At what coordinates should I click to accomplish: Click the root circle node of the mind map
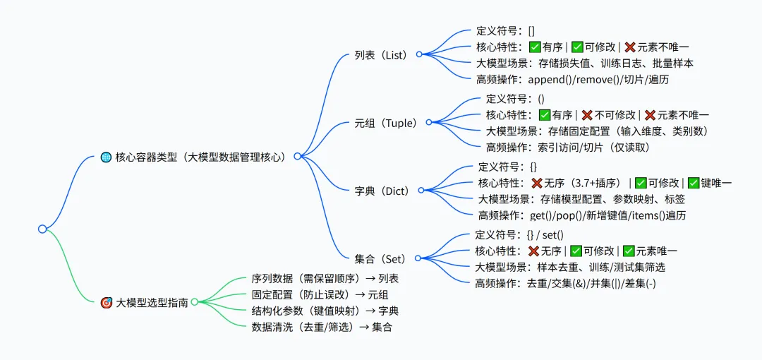(42, 229)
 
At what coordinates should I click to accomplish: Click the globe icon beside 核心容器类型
(106, 157)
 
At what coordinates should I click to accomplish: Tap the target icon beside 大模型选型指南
(107, 303)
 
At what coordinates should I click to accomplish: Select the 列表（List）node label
(381, 54)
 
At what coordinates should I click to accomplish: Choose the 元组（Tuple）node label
(385, 123)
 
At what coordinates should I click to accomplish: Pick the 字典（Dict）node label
(382, 191)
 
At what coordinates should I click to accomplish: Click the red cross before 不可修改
(586, 114)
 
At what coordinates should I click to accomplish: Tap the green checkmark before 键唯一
(694, 183)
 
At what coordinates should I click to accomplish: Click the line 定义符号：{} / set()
(520, 235)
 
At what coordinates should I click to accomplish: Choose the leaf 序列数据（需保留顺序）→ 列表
(325, 279)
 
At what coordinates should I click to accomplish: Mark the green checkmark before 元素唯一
(629, 251)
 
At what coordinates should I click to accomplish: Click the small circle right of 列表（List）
(418, 54)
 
